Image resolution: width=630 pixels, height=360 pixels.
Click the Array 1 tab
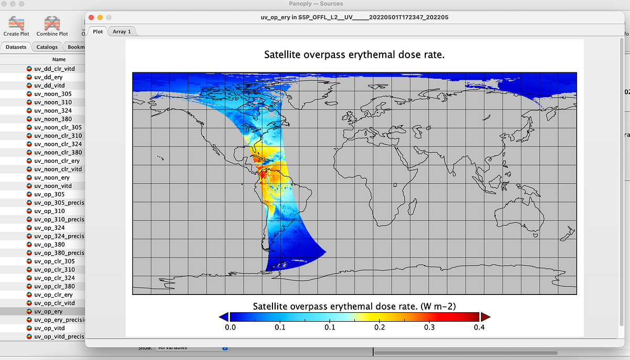point(122,31)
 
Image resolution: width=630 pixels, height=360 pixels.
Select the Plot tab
point(98,31)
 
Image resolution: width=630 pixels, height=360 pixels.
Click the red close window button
point(91,17)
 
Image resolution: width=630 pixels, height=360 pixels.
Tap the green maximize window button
point(109,17)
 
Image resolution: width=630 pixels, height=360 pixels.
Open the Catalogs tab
point(47,47)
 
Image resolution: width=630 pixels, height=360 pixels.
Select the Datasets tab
point(16,47)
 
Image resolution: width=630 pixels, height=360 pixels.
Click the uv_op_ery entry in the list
point(48,311)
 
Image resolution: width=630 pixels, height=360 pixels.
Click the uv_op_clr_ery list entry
point(53,295)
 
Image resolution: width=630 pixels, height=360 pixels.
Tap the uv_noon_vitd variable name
point(52,186)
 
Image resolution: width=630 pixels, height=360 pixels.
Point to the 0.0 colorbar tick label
point(230,328)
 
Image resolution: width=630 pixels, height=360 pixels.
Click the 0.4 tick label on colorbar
point(479,328)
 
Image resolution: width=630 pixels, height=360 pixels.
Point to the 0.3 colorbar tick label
point(429,328)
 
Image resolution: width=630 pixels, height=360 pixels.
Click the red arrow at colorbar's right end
point(485,316)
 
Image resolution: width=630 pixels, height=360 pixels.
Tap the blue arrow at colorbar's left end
point(224,316)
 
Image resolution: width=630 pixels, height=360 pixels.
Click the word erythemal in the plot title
point(373,55)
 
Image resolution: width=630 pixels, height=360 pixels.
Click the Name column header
point(59,59)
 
